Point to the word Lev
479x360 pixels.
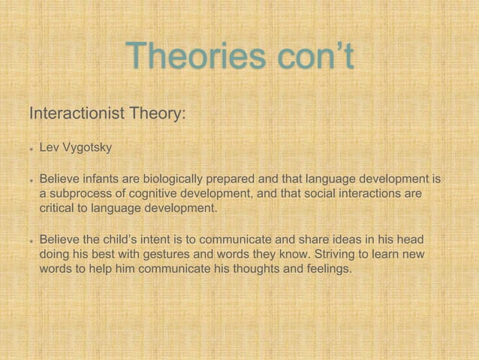[x=50, y=148]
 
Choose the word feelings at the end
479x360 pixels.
[x=326, y=269]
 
